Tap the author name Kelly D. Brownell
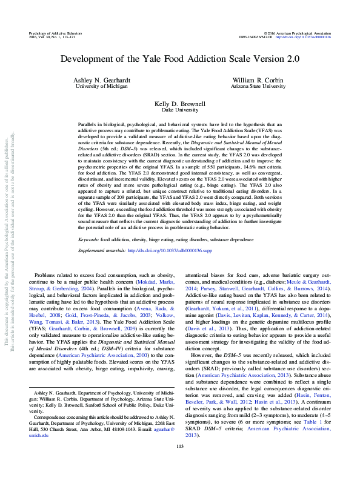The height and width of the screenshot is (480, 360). pos(179,105)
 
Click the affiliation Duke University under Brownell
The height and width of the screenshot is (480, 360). pos(179,112)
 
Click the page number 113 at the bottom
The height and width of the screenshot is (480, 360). pos(179,464)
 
